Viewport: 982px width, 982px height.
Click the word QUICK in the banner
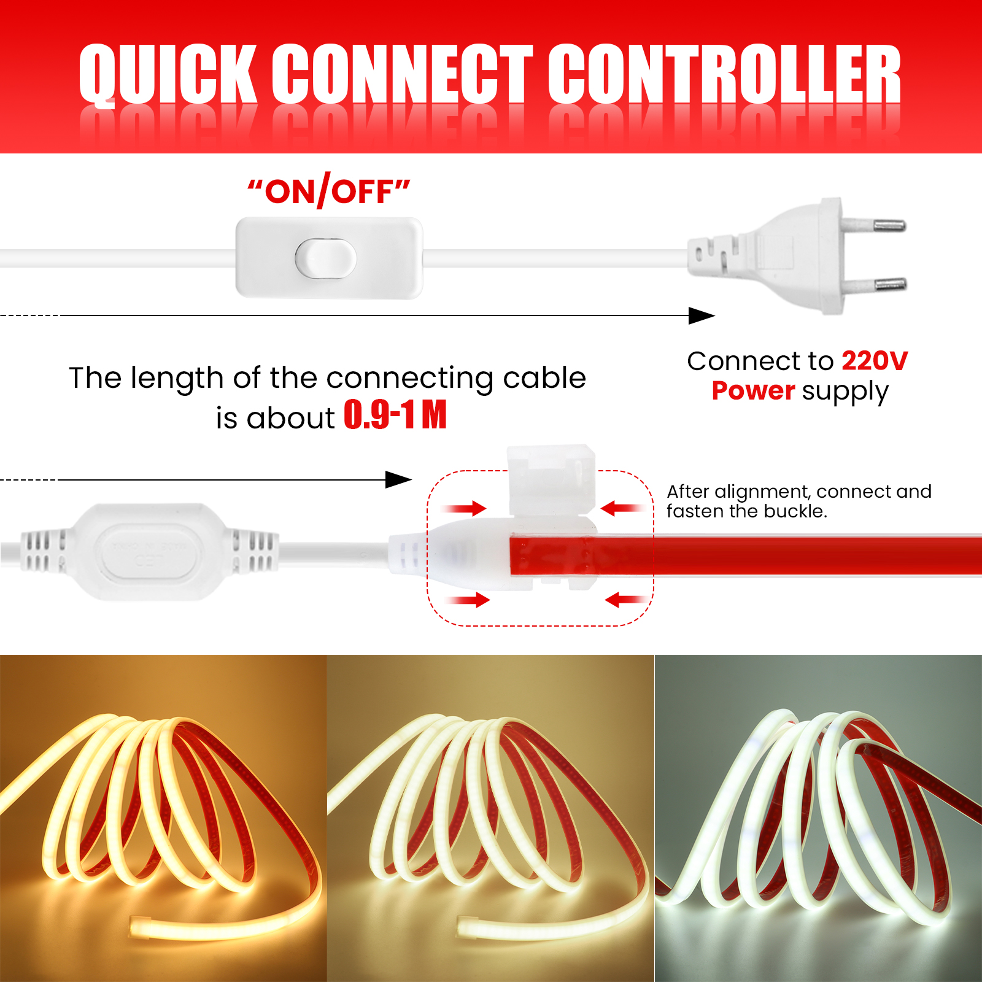(x=168, y=74)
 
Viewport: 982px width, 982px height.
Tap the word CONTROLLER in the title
(x=724, y=74)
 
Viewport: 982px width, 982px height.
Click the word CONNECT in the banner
(x=403, y=74)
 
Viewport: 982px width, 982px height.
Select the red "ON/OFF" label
(x=328, y=191)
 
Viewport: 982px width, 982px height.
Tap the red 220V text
(x=875, y=361)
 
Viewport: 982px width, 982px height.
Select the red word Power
(x=753, y=391)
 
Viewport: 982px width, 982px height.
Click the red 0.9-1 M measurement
(x=395, y=414)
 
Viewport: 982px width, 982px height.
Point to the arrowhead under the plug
(x=702, y=315)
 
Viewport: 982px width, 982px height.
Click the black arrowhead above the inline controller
(x=398, y=480)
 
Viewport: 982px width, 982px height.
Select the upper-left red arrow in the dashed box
(x=464, y=508)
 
